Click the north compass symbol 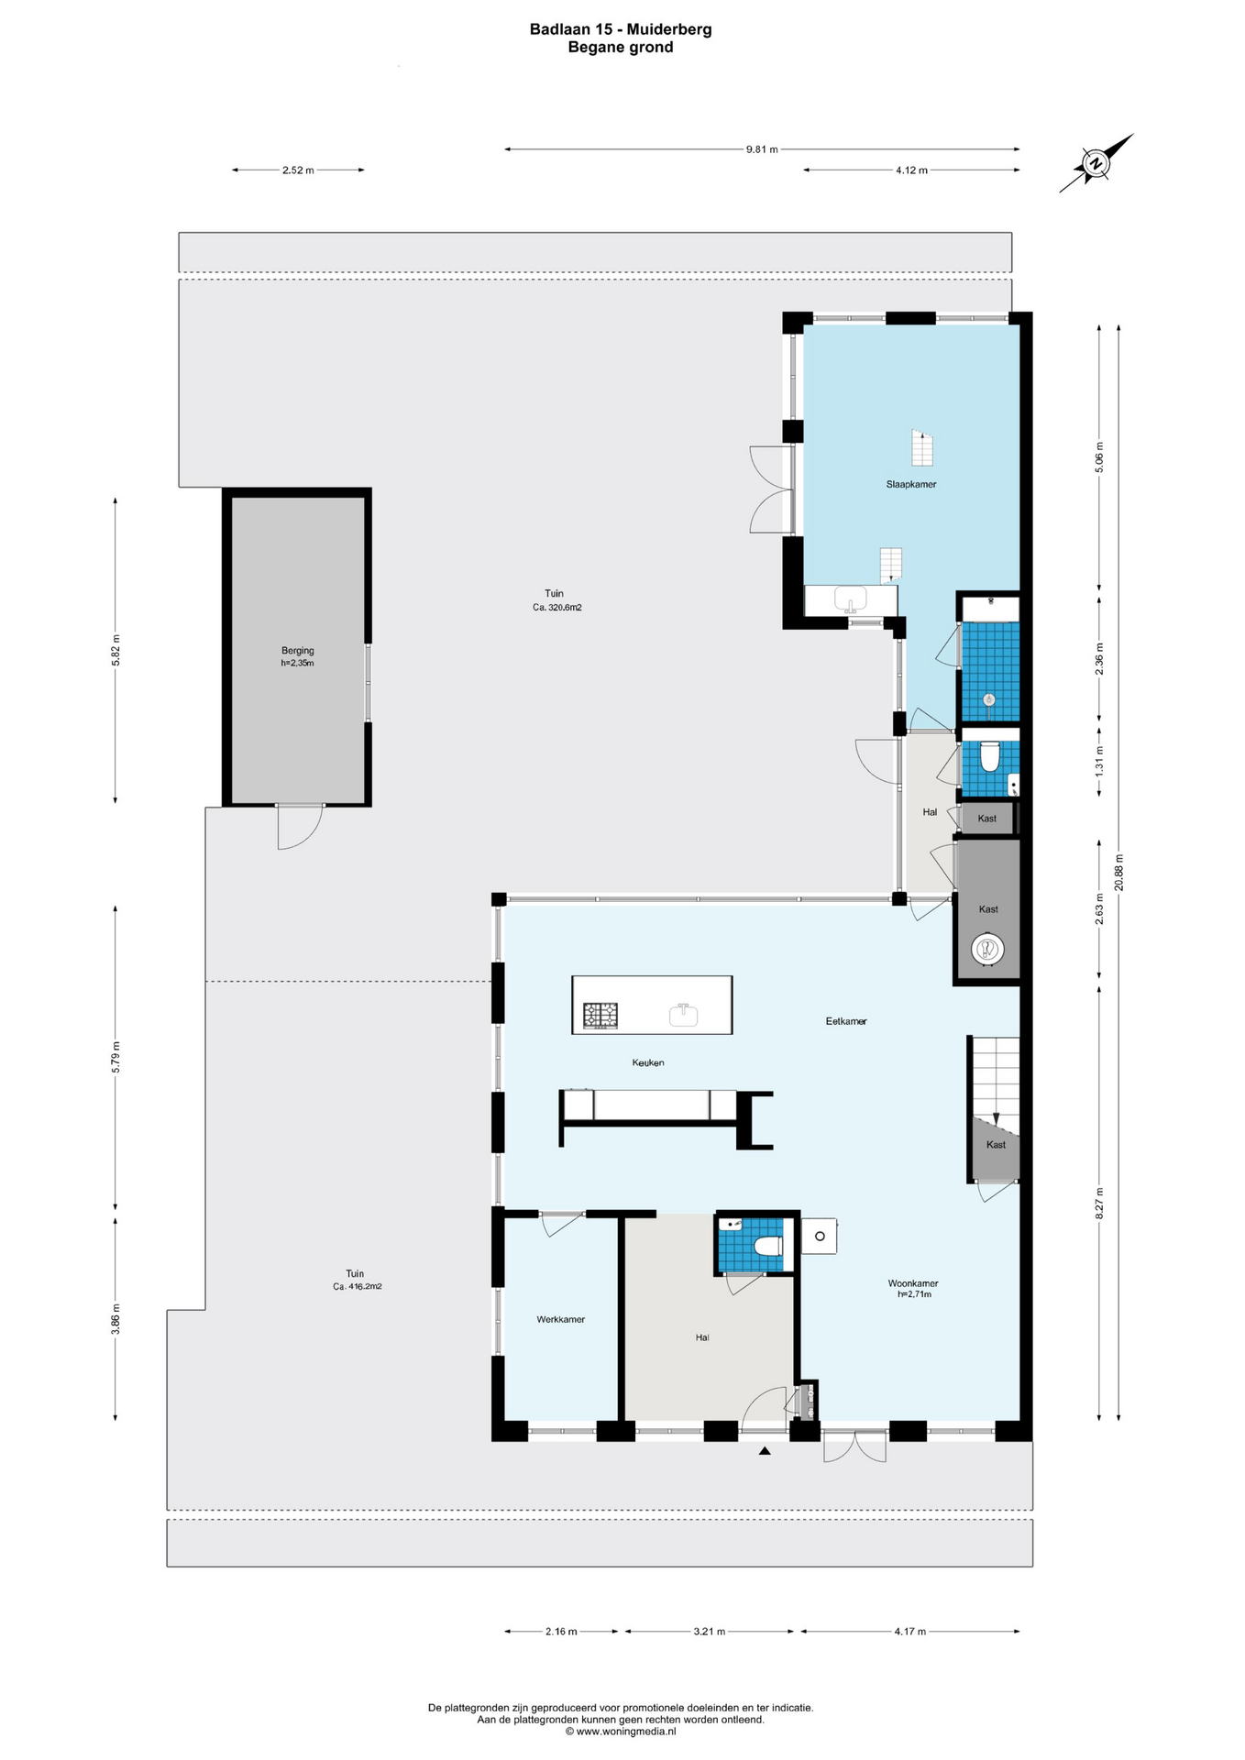pyautogui.click(x=1096, y=163)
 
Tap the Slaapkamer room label pyautogui.click(x=910, y=484)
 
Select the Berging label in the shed pyautogui.click(x=297, y=651)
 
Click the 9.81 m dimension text pyautogui.click(x=761, y=149)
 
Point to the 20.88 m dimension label pyautogui.click(x=1118, y=873)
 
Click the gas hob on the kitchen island pyautogui.click(x=600, y=1015)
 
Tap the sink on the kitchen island pyautogui.click(x=683, y=1015)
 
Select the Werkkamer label pyautogui.click(x=560, y=1319)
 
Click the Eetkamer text pyautogui.click(x=845, y=1020)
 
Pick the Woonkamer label pyautogui.click(x=912, y=1283)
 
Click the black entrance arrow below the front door pyautogui.click(x=764, y=1451)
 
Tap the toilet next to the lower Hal pyautogui.click(x=767, y=1246)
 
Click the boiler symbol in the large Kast pyautogui.click(x=987, y=950)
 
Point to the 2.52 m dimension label pyautogui.click(x=298, y=170)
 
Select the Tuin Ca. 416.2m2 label pyautogui.click(x=356, y=1280)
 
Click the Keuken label pyautogui.click(x=647, y=1062)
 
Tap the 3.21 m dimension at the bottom pyautogui.click(x=709, y=1632)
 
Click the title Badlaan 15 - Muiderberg pyautogui.click(x=621, y=29)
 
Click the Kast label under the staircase pyautogui.click(x=996, y=1144)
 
